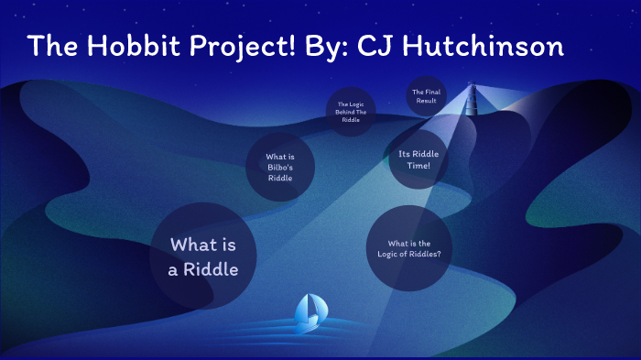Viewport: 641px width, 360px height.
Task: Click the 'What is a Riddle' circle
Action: [203, 256]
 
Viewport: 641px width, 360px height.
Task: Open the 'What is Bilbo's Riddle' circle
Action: [280, 168]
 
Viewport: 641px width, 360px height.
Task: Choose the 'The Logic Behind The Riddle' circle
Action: [352, 112]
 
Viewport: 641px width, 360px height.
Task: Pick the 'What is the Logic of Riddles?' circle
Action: [409, 248]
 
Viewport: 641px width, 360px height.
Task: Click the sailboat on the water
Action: [309, 313]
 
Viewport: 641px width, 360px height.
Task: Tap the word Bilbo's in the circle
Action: [280, 168]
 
